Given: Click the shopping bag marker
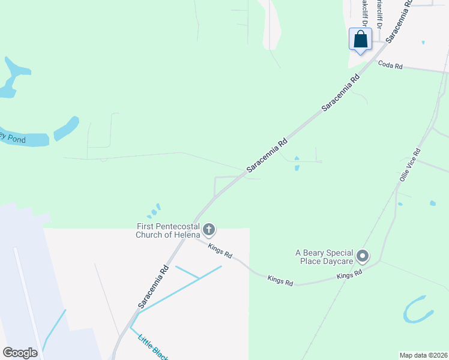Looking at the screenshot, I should [x=360, y=40].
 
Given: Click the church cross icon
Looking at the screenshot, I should [x=209, y=229].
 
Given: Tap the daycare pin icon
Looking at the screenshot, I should [x=362, y=257].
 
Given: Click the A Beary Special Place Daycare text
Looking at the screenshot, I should [x=322, y=257].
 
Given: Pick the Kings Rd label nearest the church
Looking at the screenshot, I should [x=220, y=250].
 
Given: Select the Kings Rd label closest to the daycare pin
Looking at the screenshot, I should [x=349, y=274].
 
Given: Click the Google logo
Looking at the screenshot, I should [x=20, y=353].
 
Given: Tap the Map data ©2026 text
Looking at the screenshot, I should [x=423, y=355].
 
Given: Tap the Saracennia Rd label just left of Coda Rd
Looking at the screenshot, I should [x=341, y=92].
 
